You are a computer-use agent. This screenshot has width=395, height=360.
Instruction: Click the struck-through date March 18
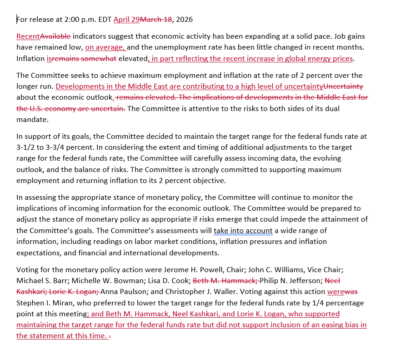tap(155, 19)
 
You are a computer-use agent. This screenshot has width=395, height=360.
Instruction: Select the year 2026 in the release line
tap(184, 19)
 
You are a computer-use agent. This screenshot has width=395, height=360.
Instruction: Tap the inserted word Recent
tap(28, 36)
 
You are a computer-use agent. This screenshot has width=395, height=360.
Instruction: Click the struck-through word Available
tap(55, 36)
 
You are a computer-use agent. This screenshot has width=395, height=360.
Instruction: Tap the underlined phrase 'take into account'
tap(243, 231)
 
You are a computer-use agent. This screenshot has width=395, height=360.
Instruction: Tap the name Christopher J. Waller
tap(197, 291)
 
